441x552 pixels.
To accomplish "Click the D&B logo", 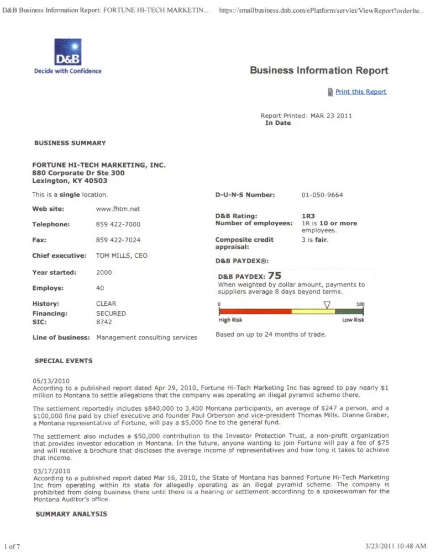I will [67, 53].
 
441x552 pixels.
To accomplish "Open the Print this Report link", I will [360, 92].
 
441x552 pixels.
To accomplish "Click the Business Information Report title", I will [319, 71].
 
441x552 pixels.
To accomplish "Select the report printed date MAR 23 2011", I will [331, 116].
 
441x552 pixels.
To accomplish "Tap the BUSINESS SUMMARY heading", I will [70, 143].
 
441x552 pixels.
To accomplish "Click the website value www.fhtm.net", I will [118, 209].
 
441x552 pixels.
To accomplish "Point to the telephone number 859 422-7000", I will [118, 225].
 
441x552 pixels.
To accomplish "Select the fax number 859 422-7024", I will [118, 241].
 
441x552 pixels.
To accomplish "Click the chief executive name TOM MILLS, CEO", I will [122, 256].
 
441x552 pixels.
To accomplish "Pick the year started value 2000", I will [104, 273].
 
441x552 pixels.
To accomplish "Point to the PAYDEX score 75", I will [275, 275].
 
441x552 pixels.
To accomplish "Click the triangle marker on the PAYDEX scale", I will [327, 305].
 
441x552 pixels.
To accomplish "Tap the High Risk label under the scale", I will [230, 320].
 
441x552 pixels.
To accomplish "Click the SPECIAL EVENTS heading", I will [64, 361].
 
